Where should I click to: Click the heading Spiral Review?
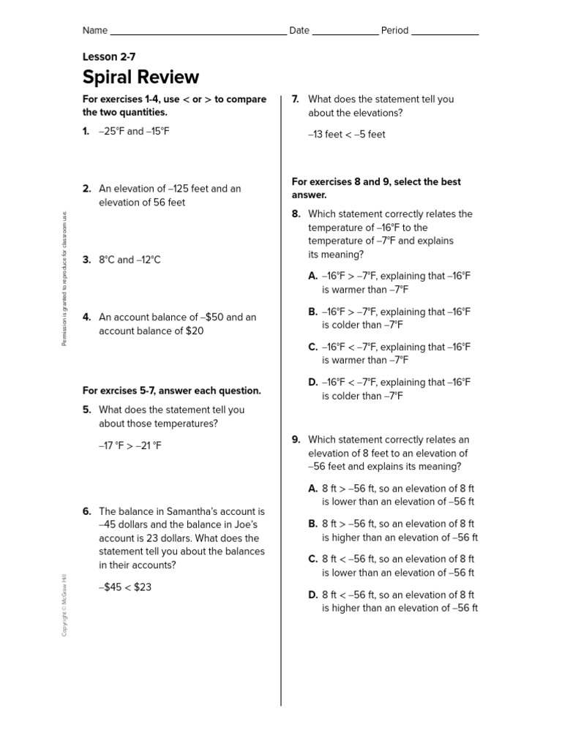pyautogui.click(x=140, y=78)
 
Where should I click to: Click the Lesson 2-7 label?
pyautogui.click(x=109, y=56)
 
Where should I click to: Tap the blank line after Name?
pyautogui.click(x=198, y=33)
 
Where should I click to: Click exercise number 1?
pyautogui.click(x=86, y=132)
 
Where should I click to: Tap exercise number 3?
pyautogui.click(x=86, y=260)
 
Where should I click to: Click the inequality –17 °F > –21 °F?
pyautogui.click(x=130, y=445)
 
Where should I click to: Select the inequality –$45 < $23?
pyautogui.click(x=125, y=587)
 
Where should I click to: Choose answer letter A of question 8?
pyautogui.click(x=313, y=276)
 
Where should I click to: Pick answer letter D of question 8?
pyautogui.click(x=313, y=383)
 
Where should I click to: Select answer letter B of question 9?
pyautogui.click(x=313, y=524)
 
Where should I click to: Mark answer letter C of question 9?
pyautogui.click(x=313, y=559)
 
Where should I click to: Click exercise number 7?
pyautogui.click(x=296, y=99)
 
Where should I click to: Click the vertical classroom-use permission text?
pyautogui.click(x=64, y=278)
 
